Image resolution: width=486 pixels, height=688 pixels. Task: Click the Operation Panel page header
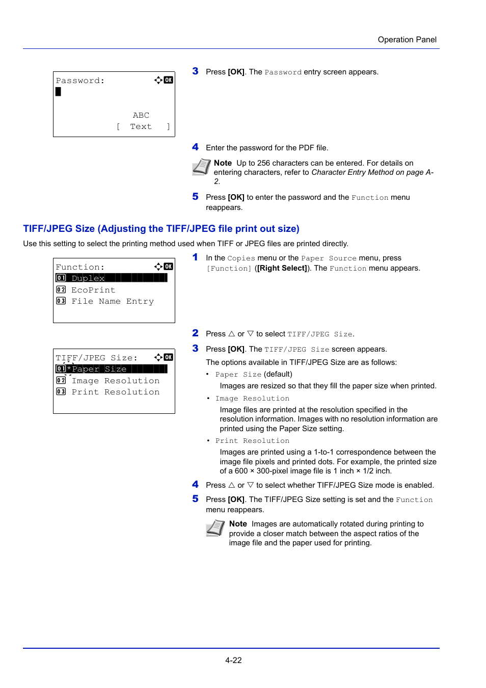coord(407,40)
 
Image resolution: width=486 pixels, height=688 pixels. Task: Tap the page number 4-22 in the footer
coord(233,660)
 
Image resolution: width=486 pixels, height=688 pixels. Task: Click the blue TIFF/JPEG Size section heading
coord(161,229)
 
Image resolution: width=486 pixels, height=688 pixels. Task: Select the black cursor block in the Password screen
coord(58,92)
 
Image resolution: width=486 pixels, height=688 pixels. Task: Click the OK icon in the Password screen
coord(169,80)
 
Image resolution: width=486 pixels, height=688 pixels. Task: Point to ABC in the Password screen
coord(141,115)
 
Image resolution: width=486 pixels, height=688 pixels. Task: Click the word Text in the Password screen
coord(141,126)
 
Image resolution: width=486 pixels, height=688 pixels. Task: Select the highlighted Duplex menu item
coord(111,278)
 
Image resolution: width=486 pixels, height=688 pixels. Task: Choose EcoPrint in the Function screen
coord(93,290)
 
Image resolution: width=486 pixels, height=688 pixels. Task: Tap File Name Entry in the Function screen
coord(112,301)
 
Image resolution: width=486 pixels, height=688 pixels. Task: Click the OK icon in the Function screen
coord(169,267)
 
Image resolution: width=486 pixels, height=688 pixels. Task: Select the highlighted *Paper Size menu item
coord(111,369)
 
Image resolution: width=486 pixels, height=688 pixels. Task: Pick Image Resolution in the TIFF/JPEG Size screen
coord(115,381)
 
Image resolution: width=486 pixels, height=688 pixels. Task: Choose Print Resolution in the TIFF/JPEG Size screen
coord(115,392)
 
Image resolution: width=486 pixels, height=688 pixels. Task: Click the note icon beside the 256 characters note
coord(201,167)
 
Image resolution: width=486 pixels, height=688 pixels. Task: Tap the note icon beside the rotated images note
coord(215,527)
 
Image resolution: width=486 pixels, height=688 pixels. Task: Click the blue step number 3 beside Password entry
coord(195,71)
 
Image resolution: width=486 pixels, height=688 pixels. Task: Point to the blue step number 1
coord(195,257)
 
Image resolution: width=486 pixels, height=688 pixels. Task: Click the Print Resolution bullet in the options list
coord(252,441)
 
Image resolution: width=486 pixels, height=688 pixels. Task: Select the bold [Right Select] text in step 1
coord(282,268)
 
